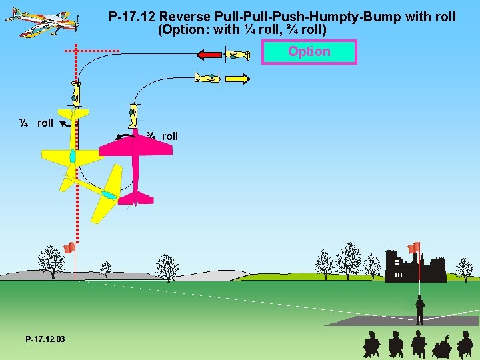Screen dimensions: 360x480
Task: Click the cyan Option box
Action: tap(309, 51)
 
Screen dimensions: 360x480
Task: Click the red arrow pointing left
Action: tap(209, 55)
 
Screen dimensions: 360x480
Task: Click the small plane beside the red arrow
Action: tap(237, 55)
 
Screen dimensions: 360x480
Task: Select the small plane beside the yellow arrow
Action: tap(207, 78)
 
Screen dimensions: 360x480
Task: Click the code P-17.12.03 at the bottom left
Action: tap(45, 340)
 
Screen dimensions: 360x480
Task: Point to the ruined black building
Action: tap(415, 267)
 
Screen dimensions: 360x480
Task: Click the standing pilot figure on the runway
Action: tap(419, 311)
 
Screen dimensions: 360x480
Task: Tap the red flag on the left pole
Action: tap(68, 248)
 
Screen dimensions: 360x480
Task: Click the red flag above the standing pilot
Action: tap(414, 247)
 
